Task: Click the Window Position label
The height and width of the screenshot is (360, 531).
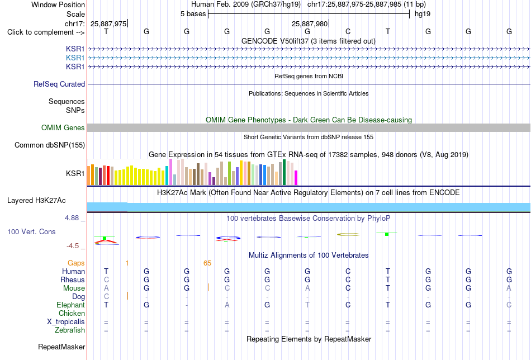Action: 58,4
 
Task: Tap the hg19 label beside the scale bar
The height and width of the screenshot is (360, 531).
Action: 423,14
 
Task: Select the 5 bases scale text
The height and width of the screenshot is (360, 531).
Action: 193,14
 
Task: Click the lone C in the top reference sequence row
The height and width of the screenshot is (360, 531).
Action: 348,32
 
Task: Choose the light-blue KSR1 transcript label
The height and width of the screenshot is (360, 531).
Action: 75,58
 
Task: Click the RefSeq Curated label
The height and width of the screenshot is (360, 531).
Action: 59,84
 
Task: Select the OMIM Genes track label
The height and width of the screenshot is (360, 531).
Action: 63,127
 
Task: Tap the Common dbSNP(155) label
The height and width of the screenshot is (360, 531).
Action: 50,145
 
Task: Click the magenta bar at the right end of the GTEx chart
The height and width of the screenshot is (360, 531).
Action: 296,178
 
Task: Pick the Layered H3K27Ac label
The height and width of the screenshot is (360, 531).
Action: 36,201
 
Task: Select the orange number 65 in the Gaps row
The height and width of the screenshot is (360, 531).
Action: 207,263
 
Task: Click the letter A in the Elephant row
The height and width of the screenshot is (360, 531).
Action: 227,305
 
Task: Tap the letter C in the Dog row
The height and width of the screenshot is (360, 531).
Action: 106,297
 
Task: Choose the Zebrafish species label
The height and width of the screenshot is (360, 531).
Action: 70,330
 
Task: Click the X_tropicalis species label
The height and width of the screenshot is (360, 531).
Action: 66,322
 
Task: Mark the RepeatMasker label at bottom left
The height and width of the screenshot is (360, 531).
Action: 61,347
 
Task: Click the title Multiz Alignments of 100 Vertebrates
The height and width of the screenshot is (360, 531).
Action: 309,255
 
